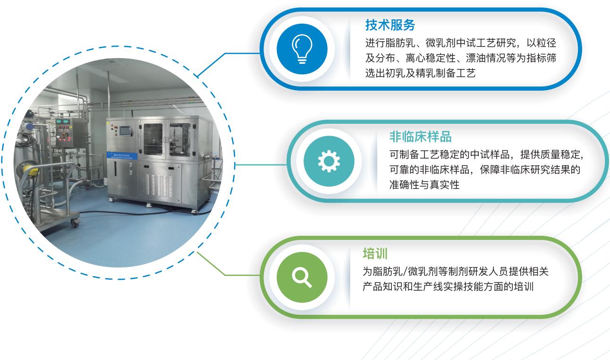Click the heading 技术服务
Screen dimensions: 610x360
390,25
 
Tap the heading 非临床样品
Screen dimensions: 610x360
421,137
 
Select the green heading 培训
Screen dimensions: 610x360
375,253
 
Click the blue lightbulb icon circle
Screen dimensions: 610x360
302,49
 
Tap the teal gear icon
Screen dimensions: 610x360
329,161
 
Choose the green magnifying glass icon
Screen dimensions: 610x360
302,277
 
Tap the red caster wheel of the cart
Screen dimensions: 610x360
74,223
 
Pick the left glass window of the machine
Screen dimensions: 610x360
153,139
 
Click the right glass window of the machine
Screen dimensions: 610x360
180,140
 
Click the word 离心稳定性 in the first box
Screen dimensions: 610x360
431,58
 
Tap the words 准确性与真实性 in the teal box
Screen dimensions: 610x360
424,185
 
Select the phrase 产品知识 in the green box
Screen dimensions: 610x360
382,287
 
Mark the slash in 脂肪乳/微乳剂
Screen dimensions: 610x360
405,272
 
